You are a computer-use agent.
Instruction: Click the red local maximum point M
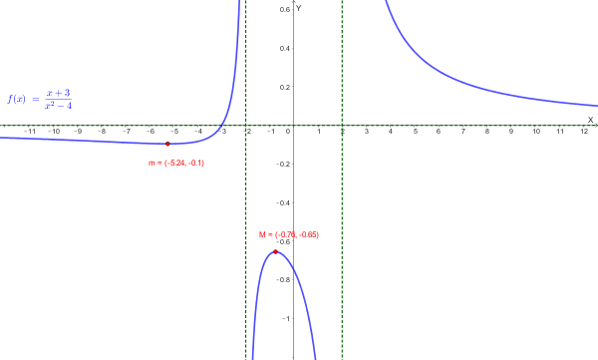276,251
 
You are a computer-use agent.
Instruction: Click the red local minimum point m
167,145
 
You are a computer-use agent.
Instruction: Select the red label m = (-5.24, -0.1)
176,163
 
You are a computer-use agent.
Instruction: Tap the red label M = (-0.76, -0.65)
289,234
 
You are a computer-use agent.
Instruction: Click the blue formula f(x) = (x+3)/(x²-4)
40,99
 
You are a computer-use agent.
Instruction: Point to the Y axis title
298,7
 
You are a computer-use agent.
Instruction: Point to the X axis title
590,119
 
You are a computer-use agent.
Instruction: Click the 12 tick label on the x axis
584,132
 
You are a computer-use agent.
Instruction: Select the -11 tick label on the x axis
29,132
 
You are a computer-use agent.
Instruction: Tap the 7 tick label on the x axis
463,132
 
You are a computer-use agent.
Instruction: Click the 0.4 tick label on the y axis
285,49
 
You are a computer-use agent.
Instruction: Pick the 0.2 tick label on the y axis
285,88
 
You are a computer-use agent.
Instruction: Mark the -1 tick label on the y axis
287,319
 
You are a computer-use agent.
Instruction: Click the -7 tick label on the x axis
126,132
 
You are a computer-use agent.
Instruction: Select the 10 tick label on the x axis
536,132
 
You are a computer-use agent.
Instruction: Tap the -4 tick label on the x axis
198,132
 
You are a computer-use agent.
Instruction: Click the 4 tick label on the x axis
391,132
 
